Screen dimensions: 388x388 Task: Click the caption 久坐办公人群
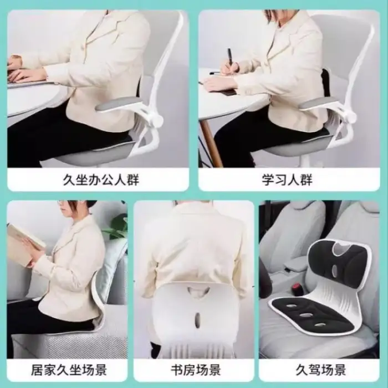pyautogui.click(x=101, y=180)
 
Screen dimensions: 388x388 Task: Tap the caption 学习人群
pyautogui.click(x=287, y=180)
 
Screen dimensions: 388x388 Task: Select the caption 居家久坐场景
pyautogui.click(x=69, y=370)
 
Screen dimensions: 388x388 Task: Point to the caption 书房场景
pyautogui.click(x=196, y=370)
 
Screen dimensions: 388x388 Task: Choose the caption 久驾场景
pyautogui.click(x=320, y=370)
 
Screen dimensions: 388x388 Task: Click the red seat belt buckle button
pyautogui.click(x=297, y=287)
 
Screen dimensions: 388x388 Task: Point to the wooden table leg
pyautogui.click(x=210, y=143)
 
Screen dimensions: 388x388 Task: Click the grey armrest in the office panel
pyautogui.click(x=116, y=103)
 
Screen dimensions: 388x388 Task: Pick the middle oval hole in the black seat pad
pyautogui.click(x=306, y=315)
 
